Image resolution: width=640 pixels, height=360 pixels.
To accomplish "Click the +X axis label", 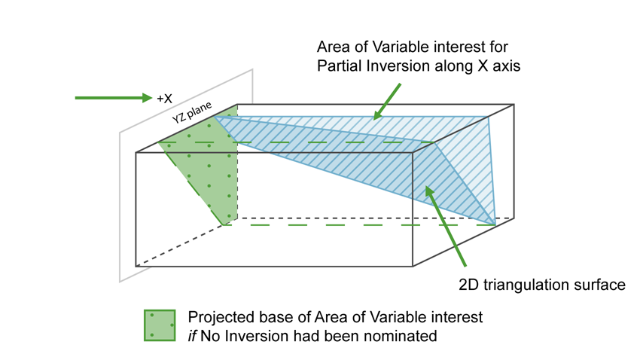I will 165,99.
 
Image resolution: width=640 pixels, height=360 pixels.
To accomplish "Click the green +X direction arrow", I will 113,98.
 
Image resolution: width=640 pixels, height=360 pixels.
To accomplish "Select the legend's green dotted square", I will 160,325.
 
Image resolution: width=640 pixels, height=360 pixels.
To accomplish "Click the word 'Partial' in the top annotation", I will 340,66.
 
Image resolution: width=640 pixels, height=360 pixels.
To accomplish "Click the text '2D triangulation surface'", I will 541,285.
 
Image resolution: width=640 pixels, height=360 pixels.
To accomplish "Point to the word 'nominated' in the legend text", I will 400,336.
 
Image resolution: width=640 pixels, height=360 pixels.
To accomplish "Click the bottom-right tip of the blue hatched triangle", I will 495,224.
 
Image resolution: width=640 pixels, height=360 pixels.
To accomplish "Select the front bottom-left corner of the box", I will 136,266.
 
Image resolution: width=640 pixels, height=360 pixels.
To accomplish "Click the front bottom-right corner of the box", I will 413,266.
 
